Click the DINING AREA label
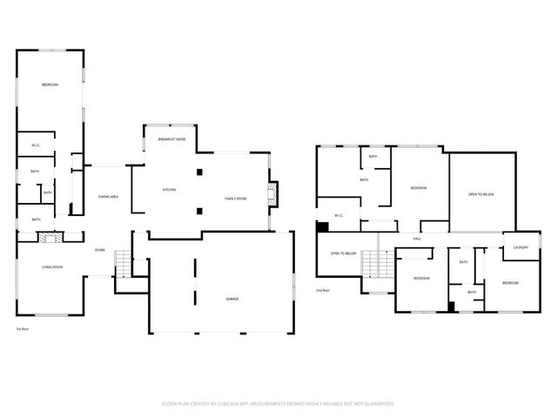click(109, 196)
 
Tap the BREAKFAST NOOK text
click(171, 139)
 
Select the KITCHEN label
click(170, 190)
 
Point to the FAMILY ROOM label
click(235, 199)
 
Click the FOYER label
click(100, 250)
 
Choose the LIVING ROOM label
click(52, 268)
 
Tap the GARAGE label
click(233, 299)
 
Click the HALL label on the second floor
click(417, 237)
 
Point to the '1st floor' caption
click(23, 329)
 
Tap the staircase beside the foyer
click(122, 262)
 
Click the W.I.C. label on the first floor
click(37, 145)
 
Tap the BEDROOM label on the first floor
click(50, 84)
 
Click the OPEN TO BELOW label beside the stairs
click(343, 253)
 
